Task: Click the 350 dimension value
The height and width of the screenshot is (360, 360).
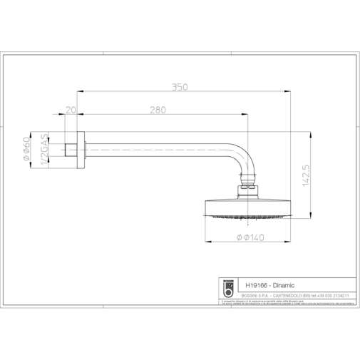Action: point(180,87)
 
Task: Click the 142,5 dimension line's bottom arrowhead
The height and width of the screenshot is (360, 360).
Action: point(312,215)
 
